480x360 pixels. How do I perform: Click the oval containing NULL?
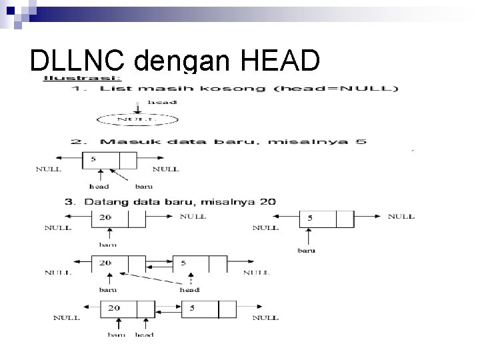[137, 121]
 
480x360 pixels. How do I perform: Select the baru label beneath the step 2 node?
[144, 186]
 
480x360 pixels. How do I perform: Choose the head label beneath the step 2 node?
[99, 186]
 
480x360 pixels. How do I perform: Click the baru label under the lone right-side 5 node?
[306, 251]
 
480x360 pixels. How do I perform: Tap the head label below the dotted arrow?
[190, 289]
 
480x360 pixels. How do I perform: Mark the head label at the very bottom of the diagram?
[144, 334]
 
